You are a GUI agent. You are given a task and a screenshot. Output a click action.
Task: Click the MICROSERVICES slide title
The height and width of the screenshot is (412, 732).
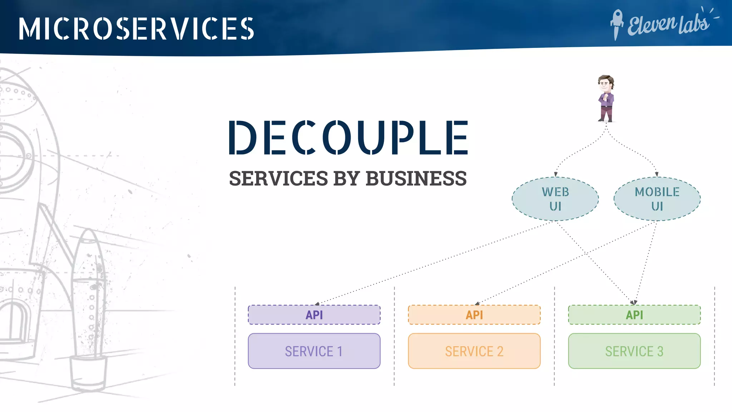click(x=136, y=29)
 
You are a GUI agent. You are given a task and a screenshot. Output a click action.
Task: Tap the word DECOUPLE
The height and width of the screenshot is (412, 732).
click(x=348, y=138)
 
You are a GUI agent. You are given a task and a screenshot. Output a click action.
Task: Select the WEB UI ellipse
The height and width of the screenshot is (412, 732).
click(x=555, y=199)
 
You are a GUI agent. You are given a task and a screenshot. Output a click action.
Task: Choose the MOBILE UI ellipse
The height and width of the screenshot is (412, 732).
click(x=657, y=199)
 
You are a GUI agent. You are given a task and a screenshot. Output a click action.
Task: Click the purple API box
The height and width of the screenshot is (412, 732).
click(x=314, y=315)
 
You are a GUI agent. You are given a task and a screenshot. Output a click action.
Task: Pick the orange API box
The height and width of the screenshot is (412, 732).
click(x=474, y=315)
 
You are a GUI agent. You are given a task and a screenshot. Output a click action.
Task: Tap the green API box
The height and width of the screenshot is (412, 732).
click(x=634, y=315)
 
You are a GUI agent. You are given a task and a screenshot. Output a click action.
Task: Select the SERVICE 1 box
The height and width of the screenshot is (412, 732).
click(x=314, y=351)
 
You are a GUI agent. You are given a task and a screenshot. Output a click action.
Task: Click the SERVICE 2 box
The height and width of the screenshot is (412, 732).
click(x=474, y=351)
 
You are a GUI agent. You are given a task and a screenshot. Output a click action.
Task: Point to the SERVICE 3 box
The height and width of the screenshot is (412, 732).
click(x=634, y=351)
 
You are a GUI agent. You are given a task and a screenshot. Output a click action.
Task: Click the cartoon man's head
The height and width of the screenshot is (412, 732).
click(x=605, y=83)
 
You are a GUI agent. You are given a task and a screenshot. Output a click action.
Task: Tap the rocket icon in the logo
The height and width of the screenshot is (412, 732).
click(x=617, y=24)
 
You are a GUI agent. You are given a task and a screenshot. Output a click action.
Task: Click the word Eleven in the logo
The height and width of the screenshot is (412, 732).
click(x=652, y=25)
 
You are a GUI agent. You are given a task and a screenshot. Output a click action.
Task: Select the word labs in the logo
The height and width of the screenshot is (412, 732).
click(x=694, y=24)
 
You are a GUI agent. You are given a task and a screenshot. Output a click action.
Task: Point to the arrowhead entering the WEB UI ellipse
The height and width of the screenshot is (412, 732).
click(x=556, y=175)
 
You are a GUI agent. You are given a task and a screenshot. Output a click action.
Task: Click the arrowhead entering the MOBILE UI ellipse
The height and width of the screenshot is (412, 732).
click(x=657, y=175)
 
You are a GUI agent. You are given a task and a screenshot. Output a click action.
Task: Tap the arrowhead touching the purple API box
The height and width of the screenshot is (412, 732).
click(x=317, y=304)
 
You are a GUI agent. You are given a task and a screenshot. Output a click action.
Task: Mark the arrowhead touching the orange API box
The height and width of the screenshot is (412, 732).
click(x=477, y=304)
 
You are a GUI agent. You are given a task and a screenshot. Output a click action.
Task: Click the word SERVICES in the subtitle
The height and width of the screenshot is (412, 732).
click(x=278, y=178)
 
